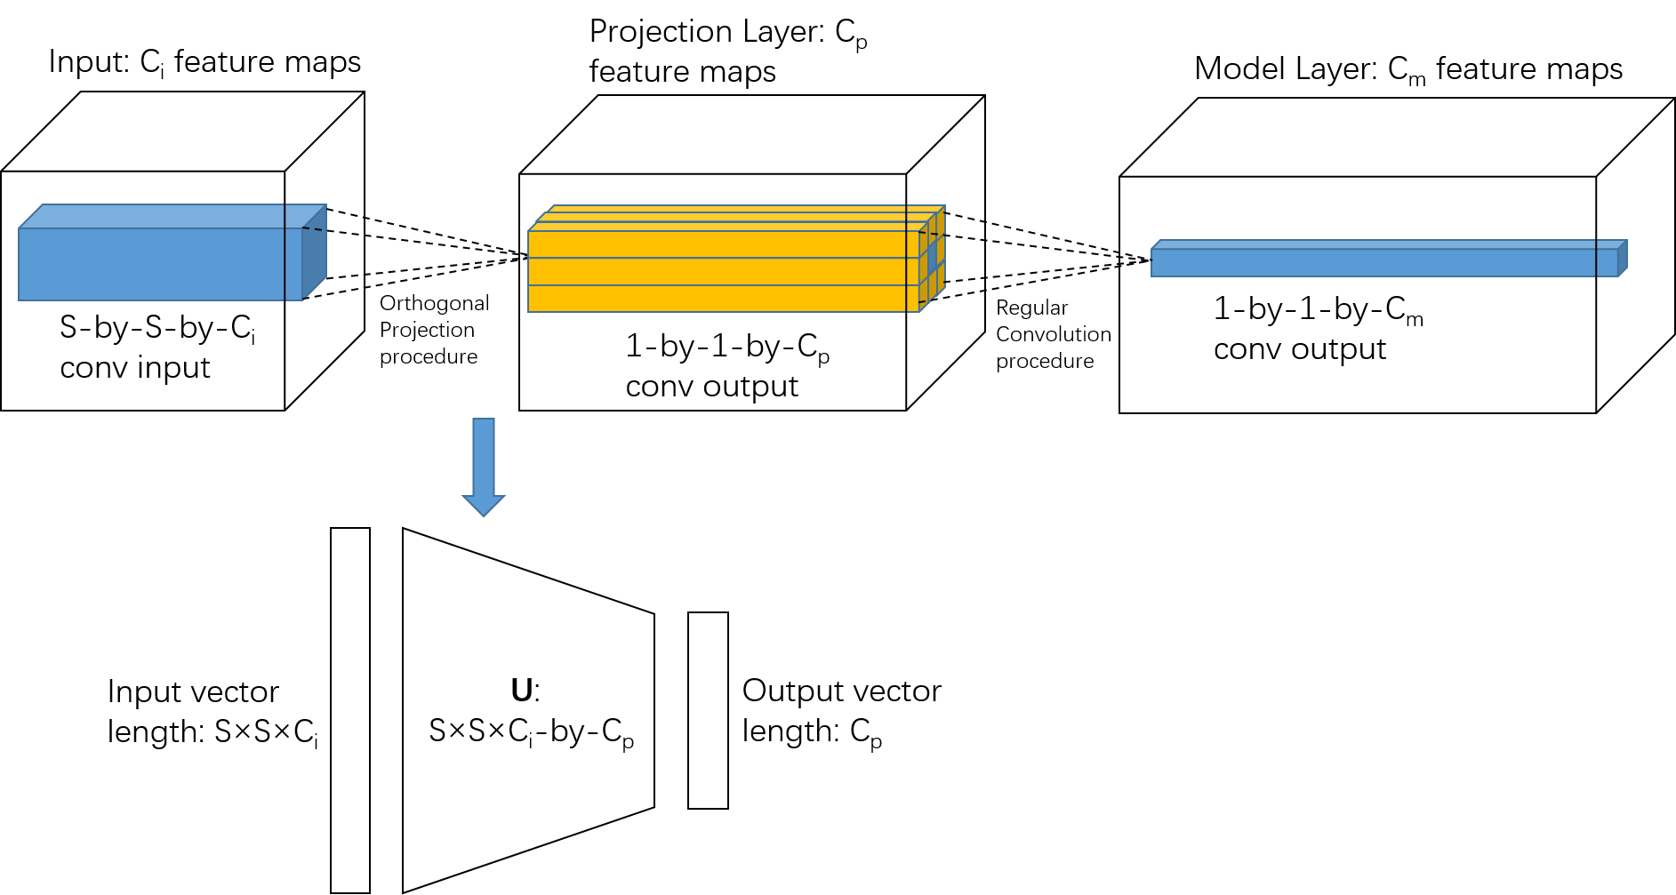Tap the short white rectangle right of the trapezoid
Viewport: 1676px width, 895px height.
708,710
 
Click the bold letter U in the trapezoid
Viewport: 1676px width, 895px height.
522,691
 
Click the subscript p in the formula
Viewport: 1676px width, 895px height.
628,741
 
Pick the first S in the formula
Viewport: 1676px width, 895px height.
437,731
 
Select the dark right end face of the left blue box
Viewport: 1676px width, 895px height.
315,253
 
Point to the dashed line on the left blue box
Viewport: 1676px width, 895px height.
312,229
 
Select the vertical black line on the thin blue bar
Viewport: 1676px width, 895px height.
1596,259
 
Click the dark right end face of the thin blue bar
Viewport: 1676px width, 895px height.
1623,259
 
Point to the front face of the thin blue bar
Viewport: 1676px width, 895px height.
1369,263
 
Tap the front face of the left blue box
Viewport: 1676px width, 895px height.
151,264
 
